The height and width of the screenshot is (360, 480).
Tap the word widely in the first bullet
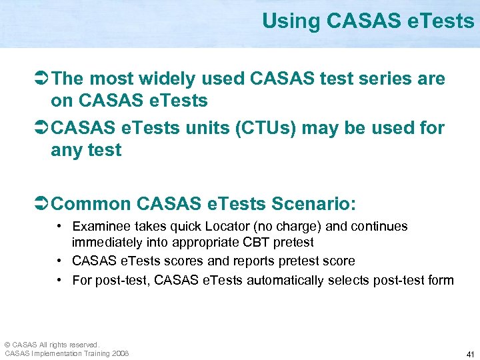pos(165,79)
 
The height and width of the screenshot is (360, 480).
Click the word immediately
pos(105,243)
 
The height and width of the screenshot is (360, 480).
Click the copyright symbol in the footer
pos(7,344)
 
